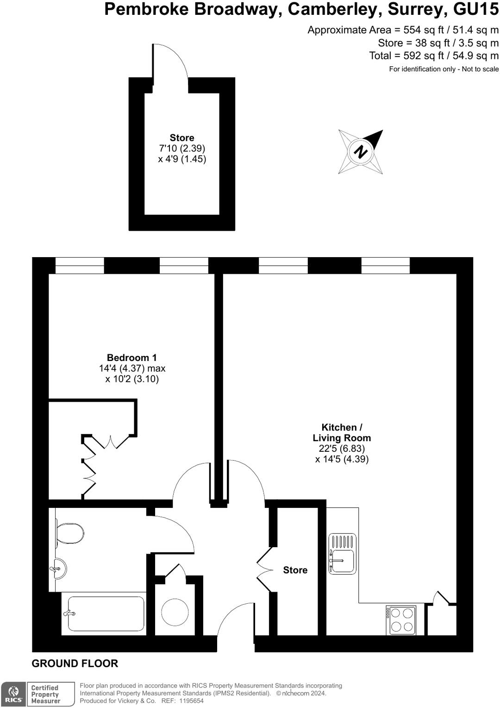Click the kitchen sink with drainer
tap(343, 554)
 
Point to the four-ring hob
tap(401, 620)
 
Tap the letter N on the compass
tap(361, 152)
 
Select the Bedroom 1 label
tap(131, 358)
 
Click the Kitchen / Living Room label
tap(342, 432)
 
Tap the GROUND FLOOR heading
tap(75, 664)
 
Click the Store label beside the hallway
tap(295, 570)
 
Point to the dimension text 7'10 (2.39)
tap(182, 148)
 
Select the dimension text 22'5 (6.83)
tap(342, 449)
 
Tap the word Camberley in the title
tap(334, 9)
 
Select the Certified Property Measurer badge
tap(51, 694)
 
